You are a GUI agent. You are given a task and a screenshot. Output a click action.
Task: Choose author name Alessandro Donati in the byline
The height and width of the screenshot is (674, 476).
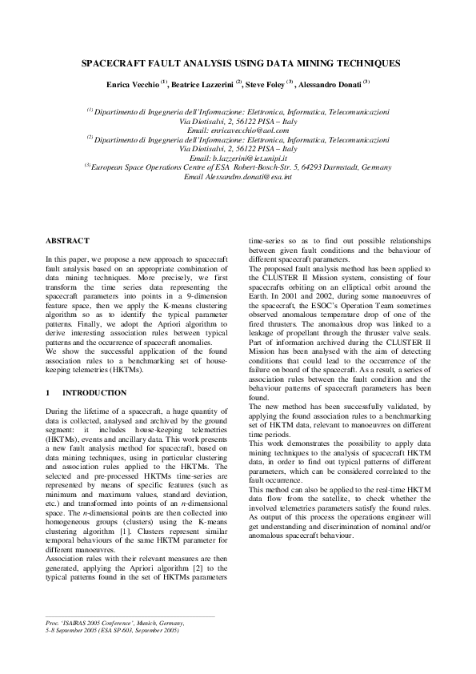click(x=332, y=83)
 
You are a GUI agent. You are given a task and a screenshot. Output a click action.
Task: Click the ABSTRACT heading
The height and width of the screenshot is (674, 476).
click(x=67, y=240)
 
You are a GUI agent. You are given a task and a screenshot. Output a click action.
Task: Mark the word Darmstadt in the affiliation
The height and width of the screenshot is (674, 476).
click(x=340, y=168)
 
